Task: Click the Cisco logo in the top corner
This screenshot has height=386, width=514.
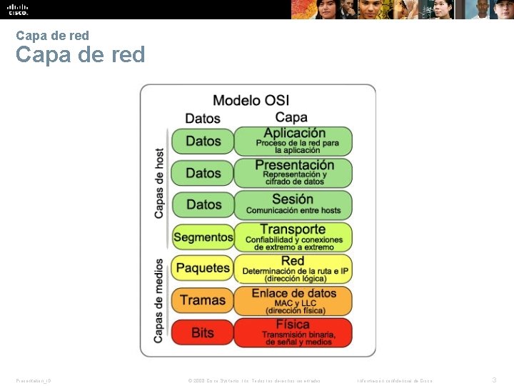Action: pyautogui.click(x=18, y=9)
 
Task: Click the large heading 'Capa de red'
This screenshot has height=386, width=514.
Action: pyautogui.click(x=80, y=55)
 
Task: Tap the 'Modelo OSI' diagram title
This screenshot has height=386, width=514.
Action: pyautogui.click(x=251, y=101)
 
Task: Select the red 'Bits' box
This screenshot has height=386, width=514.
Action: pyautogui.click(x=203, y=332)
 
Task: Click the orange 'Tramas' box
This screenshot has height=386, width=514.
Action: pyautogui.click(x=203, y=300)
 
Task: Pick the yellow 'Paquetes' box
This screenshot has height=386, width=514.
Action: pyautogui.click(x=203, y=268)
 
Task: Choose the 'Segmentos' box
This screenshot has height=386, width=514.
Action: pyautogui.click(x=203, y=237)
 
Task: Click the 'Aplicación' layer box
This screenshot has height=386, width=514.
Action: pyautogui.click(x=293, y=141)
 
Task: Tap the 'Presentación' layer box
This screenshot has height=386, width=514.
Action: pyautogui.click(x=293, y=172)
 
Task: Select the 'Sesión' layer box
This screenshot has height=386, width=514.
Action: pyautogui.click(x=293, y=204)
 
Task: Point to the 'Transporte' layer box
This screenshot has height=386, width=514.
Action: pyautogui.click(x=293, y=237)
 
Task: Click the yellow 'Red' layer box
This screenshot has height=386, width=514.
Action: pyautogui.click(x=293, y=268)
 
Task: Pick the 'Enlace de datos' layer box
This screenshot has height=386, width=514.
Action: pyautogui.click(x=293, y=300)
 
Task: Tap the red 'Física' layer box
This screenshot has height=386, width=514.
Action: pyautogui.click(x=293, y=332)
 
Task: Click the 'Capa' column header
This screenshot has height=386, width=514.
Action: pyautogui.click(x=291, y=117)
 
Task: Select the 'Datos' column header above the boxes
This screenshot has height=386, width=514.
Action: pyautogui.click(x=203, y=118)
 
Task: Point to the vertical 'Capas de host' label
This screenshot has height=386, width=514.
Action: pyautogui.click(x=159, y=183)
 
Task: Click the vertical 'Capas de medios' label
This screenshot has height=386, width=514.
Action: pyautogui.click(x=159, y=300)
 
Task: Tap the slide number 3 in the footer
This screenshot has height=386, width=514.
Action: pyautogui.click(x=494, y=380)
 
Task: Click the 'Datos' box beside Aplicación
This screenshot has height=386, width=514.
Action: pyautogui.click(x=203, y=141)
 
